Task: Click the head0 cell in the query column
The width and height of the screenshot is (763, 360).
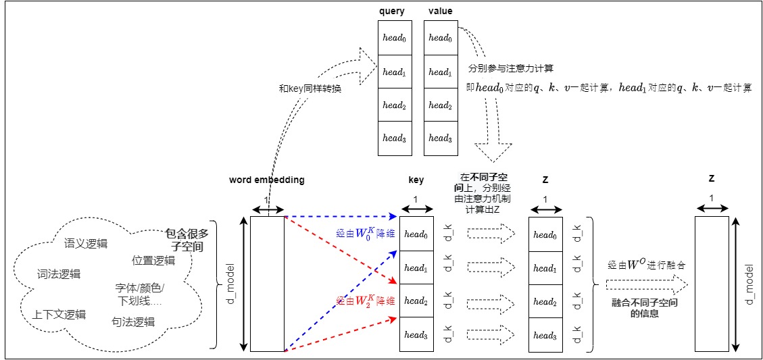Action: pos(393,39)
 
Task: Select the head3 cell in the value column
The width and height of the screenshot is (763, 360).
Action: pos(440,138)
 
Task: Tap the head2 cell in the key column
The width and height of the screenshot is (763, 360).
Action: pos(416,301)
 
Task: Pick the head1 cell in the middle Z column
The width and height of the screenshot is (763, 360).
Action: pos(545,268)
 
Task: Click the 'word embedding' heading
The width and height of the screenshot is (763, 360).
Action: pos(267,180)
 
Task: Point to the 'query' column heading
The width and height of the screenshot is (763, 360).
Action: pos(393,11)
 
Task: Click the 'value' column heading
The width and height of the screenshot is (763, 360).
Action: pos(440,11)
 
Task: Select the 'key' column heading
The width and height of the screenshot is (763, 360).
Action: pos(416,180)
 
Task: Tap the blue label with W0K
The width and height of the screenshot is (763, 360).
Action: pos(366,233)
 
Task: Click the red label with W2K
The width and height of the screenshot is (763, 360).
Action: pos(366,300)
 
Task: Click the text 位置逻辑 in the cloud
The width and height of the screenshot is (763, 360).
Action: pos(153,261)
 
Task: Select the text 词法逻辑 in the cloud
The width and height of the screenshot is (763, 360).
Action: pos(59,274)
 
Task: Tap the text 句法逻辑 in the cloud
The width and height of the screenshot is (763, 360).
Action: pos(133,322)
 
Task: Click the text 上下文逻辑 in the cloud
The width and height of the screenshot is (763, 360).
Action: pos(59,314)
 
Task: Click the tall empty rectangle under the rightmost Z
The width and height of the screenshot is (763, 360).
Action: pos(712,284)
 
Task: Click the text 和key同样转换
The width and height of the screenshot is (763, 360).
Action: pos(310,88)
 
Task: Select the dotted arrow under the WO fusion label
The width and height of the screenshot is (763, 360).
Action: pos(646,284)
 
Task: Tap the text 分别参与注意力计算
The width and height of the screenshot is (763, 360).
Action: pos(511,68)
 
